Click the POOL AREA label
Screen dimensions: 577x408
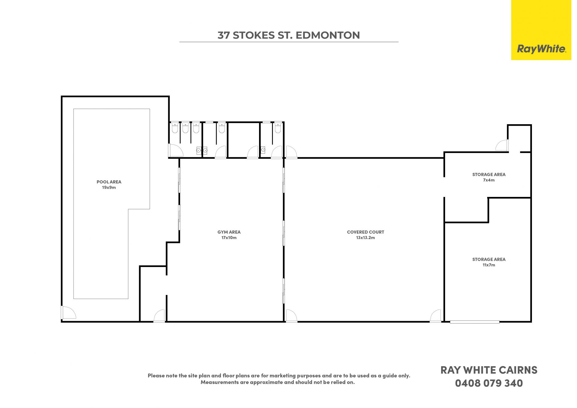click(x=109, y=182)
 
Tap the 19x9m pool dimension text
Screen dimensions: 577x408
click(x=109, y=188)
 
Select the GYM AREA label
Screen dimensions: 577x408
click(x=229, y=232)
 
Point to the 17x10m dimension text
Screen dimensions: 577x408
click(x=229, y=238)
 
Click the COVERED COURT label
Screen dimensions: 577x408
click(x=365, y=232)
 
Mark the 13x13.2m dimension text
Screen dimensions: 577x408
click(x=365, y=238)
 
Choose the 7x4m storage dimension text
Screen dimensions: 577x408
click(x=489, y=180)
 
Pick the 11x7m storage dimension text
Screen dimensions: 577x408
click(x=489, y=265)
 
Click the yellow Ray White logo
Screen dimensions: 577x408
click(x=541, y=30)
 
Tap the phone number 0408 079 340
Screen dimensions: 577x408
click(x=489, y=383)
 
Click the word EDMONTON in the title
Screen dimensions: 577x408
click(x=328, y=35)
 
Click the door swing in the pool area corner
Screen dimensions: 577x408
click(x=69, y=312)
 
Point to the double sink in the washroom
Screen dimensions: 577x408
click(x=202, y=150)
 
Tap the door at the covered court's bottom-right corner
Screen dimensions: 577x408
click(x=435, y=316)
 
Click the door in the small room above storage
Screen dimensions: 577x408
click(x=502, y=145)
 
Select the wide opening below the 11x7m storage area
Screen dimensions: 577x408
click(x=475, y=322)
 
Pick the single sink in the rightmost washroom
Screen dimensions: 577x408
click(x=263, y=150)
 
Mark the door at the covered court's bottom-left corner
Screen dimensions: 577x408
click(x=291, y=316)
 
